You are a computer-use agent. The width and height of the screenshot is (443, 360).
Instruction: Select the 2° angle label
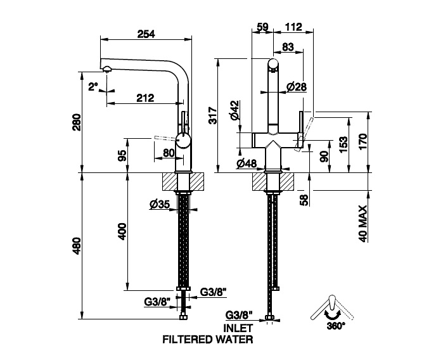coord(94,87)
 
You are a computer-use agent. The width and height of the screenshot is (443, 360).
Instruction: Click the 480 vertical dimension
coord(76,246)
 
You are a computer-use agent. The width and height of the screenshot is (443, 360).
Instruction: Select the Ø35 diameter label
coord(158,204)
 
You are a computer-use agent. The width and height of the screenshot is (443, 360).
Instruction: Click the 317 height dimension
coord(214,115)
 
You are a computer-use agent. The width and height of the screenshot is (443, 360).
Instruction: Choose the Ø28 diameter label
coord(297,86)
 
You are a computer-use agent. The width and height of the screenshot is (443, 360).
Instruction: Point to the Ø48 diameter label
coord(246,164)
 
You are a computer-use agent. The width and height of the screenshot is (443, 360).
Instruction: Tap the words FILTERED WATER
coord(208,339)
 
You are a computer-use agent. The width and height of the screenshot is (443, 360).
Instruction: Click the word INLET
coord(238,328)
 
